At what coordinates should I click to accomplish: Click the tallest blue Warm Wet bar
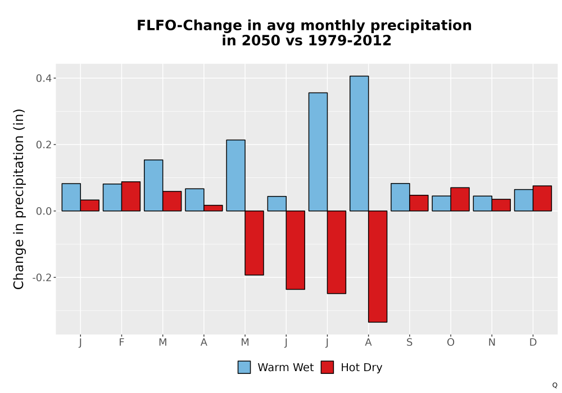[359, 143]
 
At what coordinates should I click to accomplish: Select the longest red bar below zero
[378, 266]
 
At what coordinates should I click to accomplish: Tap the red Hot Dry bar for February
[131, 196]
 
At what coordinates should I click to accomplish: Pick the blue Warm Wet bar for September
[400, 197]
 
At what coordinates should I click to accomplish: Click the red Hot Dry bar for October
[460, 199]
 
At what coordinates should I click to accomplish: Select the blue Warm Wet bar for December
[524, 200]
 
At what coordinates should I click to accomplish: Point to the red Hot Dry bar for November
[501, 205]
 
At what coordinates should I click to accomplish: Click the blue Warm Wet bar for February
[112, 197]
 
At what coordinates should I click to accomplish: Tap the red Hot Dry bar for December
[542, 198]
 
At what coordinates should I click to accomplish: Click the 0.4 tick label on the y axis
[43, 79]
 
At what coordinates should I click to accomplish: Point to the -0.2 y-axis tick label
[42, 277]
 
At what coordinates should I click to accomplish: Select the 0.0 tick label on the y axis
[43, 211]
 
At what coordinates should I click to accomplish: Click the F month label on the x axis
[121, 342]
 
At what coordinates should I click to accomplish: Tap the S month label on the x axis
[409, 342]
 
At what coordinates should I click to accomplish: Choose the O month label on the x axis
[451, 342]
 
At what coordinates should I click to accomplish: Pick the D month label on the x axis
[533, 342]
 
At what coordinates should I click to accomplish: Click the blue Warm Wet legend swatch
[244, 367]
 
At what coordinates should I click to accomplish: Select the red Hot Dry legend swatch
[327, 367]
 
